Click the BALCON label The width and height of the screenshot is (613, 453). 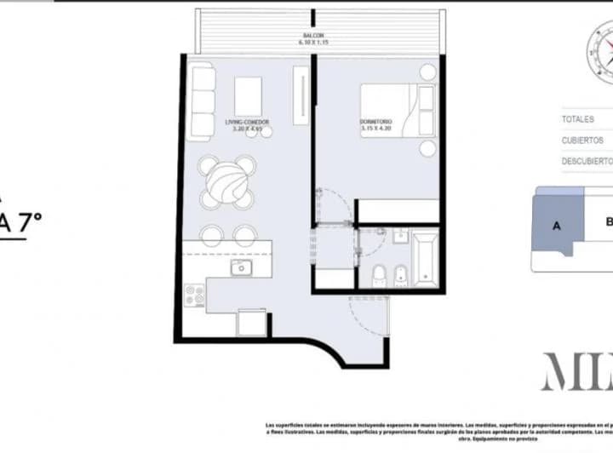click(x=312, y=36)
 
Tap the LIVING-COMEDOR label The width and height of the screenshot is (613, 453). click(x=247, y=122)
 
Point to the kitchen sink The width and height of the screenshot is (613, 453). click(x=241, y=269)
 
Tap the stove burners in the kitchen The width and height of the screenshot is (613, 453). click(x=196, y=296)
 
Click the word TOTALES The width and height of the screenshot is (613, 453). click(x=578, y=119)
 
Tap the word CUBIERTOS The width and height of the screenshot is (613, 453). click(x=582, y=140)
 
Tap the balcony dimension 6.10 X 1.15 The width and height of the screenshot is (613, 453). click(x=312, y=43)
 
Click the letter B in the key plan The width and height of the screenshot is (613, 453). click(x=608, y=223)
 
